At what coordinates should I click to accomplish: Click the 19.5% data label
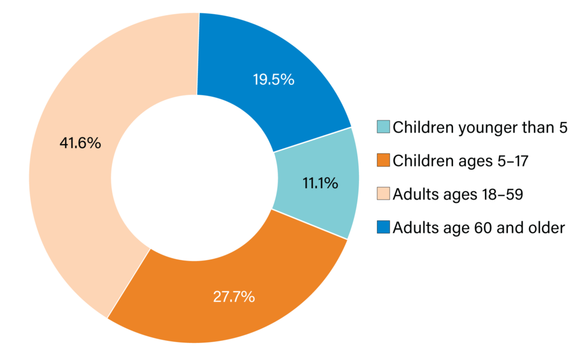pyautogui.click(x=273, y=80)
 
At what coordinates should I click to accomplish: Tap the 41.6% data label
pyautogui.click(x=80, y=144)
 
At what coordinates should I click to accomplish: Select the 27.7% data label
pyautogui.click(x=234, y=296)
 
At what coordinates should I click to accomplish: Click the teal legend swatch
pyautogui.click(x=383, y=127)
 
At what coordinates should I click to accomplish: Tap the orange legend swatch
pyautogui.click(x=383, y=161)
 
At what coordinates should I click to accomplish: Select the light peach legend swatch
pyautogui.click(x=383, y=194)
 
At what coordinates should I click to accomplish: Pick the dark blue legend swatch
pyautogui.click(x=383, y=228)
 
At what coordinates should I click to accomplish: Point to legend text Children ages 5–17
pyautogui.click(x=460, y=161)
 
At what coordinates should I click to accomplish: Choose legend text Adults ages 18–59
pyautogui.click(x=457, y=194)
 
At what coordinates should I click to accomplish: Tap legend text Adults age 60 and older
pyautogui.click(x=478, y=228)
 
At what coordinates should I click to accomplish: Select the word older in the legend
pyautogui.click(x=547, y=228)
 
